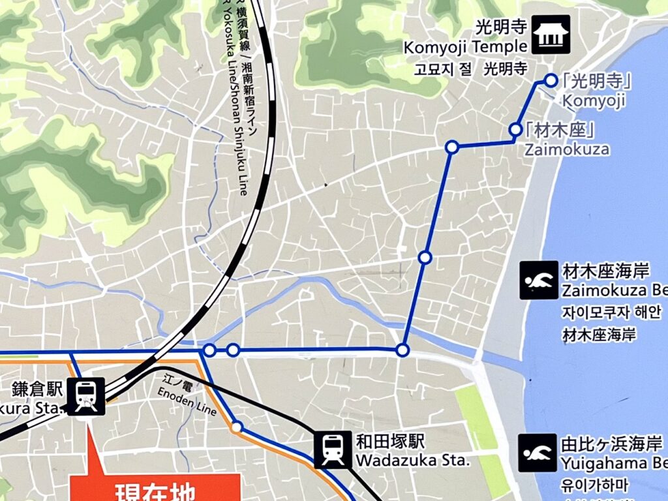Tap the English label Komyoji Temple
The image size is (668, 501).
pos(465,48)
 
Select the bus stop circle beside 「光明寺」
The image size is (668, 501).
pos(551,80)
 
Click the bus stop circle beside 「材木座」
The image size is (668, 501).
pos(515,129)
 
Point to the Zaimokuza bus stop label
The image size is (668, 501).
pos(567,149)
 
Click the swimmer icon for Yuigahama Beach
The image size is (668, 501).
pos(538,452)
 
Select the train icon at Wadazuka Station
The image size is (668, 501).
pos(333,449)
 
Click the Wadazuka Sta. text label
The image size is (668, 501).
pos(412,461)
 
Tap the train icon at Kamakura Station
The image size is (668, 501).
pos(86,396)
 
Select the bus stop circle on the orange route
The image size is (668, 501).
pos(237,427)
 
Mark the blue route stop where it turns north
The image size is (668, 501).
pos(402,350)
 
